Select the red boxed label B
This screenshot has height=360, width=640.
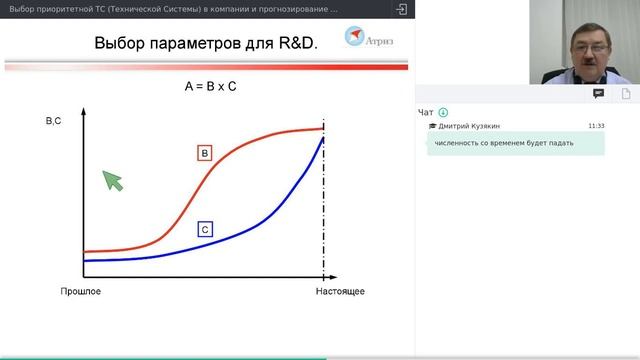[204, 153]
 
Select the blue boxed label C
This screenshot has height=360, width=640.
[204, 230]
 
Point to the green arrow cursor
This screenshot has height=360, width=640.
[113, 180]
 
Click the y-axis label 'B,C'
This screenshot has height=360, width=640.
[54, 121]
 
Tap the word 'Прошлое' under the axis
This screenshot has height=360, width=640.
[81, 291]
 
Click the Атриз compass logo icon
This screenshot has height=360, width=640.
[355, 37]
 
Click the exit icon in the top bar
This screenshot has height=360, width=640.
[402, 9]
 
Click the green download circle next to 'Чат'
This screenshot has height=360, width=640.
[443, 112]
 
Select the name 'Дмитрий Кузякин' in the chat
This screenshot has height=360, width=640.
[469, 126]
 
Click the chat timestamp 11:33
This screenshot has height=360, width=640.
[596, 126]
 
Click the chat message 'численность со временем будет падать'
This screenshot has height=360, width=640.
[504, 143]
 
